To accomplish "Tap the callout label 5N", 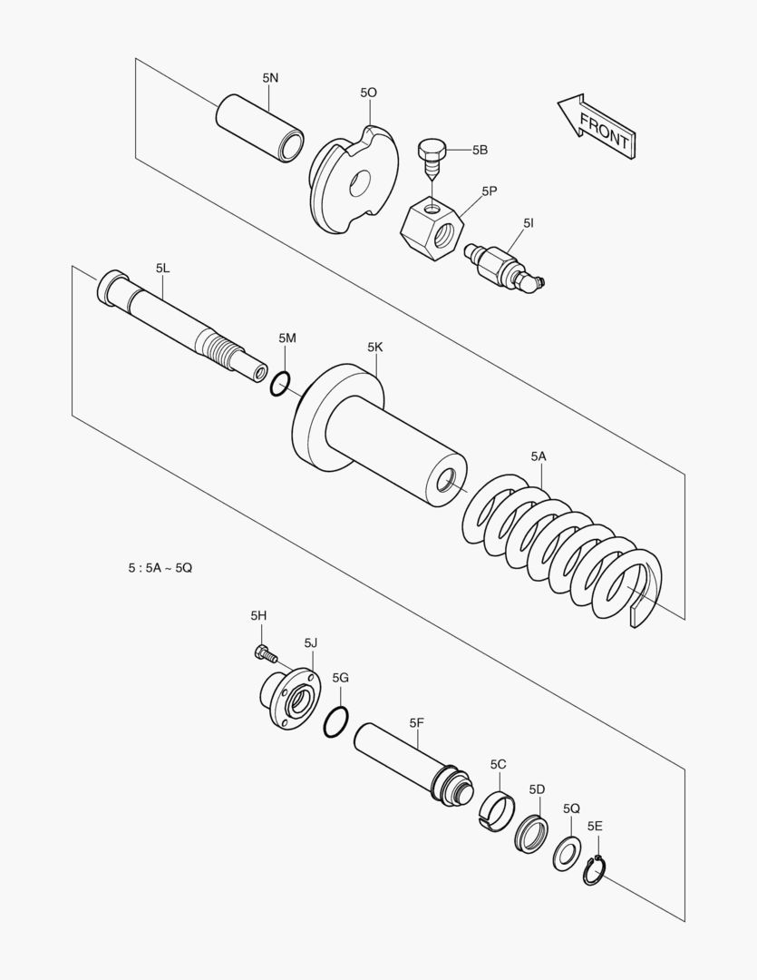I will click(271, 78).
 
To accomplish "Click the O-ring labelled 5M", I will click(280, 385).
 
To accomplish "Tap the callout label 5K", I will click(375, 347).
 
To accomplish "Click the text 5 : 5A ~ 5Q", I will click(160, 568).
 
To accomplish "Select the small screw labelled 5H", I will click(264, 651).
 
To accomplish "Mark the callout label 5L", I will click(162, 268).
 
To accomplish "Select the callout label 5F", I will click(417, 723).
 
